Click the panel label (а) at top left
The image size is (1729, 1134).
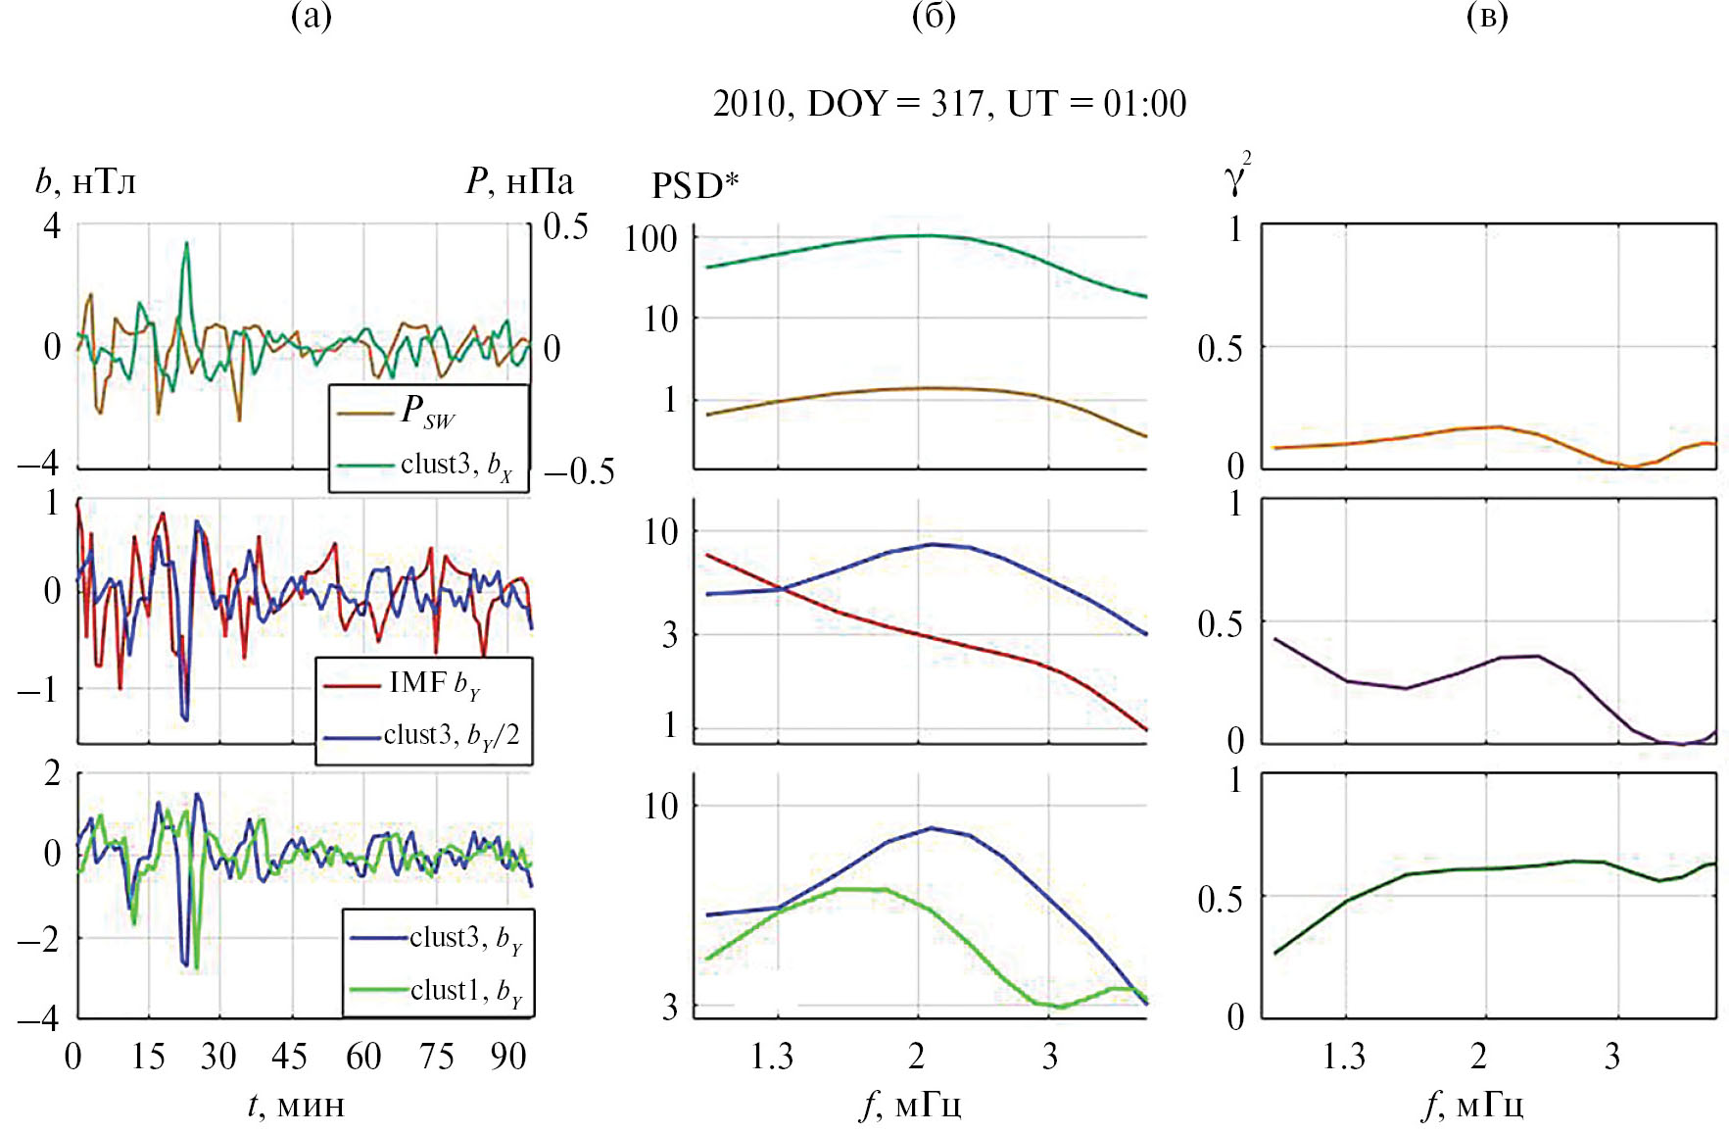point(312,17)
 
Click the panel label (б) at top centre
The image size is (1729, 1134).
point(933,17)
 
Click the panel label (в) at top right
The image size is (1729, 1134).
point(1486,17)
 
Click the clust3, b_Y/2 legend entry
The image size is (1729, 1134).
point(451,735)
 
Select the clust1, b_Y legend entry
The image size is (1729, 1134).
point(465,991)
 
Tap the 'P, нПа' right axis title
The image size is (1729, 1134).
point(519,181)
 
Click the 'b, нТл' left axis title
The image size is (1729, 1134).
point(86,181)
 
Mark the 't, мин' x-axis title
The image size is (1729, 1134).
point(296,1106)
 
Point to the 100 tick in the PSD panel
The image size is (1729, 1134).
point(651,238)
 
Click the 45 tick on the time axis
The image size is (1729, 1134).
point(289,1057)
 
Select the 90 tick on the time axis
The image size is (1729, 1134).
point(508,1057)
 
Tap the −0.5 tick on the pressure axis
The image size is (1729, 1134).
point(579,471)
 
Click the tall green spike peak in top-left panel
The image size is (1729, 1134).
point(186,243)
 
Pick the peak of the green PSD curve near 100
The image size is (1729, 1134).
point(925,235)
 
